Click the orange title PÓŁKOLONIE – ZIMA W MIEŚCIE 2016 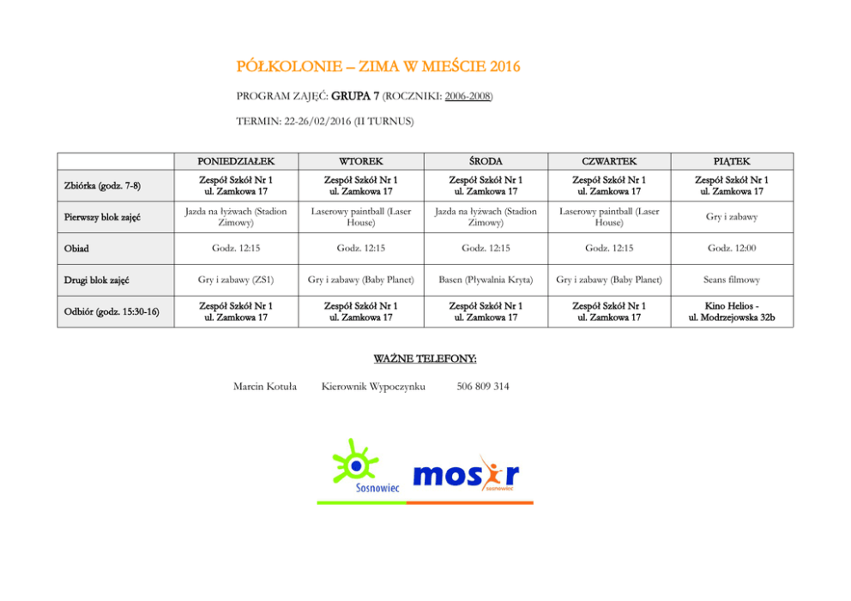tap(377, 67)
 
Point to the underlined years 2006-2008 tap(468, 96)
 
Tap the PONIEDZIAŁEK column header tap(236, 161)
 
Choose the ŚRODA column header tap(486, 161)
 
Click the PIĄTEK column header tap(732, 161)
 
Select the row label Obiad tap(76, 249)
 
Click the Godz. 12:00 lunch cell tap(732, 249)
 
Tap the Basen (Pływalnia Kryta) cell tap(486, 279)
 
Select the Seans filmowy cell tap(732, 279)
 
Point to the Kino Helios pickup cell tap(732, 311)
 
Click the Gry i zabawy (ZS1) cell tap(236, 279)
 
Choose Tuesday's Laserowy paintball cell tap(360, 217)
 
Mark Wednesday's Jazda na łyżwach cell tap(486, 217)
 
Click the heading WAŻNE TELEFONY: tap(425, 358)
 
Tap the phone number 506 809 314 tap(483, 387)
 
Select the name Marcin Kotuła tap(265, 387)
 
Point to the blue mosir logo tap(465, 474)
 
